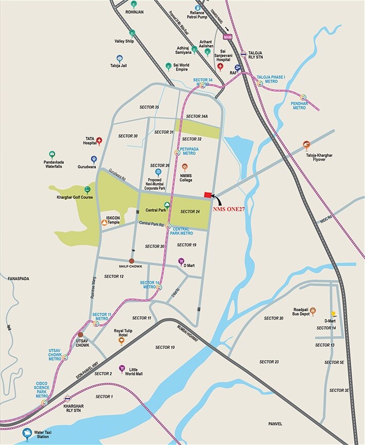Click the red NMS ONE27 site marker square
point(208,194)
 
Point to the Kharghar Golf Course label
point(75,197)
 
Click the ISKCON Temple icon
point(104,222)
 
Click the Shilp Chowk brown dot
point(132,261)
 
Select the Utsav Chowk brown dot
point(80,334)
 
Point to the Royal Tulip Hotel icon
point(122,341)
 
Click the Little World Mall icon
point(122,368)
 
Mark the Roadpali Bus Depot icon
point(313,311)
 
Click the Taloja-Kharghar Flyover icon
point(307,145)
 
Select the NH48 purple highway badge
point(228,36)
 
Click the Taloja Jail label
point(120,66)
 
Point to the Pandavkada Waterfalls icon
point(51,154)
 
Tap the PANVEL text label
point(276,423)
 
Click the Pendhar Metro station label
point(300,106)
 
